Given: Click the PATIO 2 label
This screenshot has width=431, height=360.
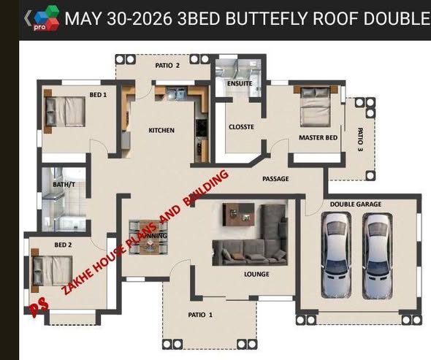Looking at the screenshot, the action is pyautogui.click(x=167, y=66).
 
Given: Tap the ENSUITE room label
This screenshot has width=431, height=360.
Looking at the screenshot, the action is pyautogui.click(x=240, y=83).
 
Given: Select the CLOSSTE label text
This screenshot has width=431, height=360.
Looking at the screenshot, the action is pyautogui.click(x=241, y=127).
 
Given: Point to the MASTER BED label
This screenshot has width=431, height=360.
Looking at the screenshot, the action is pyautogui.click(x=318, y=138).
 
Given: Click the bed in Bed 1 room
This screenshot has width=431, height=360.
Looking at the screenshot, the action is pyautogui.click(x=64, y=111).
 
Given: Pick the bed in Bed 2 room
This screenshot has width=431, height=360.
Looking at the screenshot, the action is pyautogui.click(x=52, y=271).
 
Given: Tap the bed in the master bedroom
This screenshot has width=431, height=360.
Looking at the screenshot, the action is pyautogui.click(x=316, y=106).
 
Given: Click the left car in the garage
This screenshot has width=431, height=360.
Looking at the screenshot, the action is pyautogui.click(x=336, y=256).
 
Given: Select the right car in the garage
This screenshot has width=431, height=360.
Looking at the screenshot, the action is pyautogui.click(x=378, y=256).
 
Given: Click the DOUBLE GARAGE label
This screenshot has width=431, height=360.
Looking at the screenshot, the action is pyautogui.click(x=356, y=204).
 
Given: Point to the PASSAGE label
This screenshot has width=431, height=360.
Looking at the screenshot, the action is pyautogui.click(x=275, y=179).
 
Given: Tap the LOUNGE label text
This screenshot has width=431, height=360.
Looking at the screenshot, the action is pyautogui.click(x=256, y=274).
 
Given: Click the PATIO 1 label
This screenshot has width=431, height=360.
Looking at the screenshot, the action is pyautogui.click(x=200, y=315).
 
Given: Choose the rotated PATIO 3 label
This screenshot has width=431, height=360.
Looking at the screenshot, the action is pyautogui.click(x=360, y=139).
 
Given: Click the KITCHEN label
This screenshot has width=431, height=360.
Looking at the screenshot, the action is pyautogui.click(x=161, y=130).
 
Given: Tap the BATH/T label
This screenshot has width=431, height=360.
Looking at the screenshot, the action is pyautogui.click(x=64, y=185).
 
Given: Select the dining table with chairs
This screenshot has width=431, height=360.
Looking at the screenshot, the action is pyautogui.click(x=148, y=237).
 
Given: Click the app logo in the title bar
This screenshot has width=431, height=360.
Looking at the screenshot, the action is pyautogui.click(x=46, y=18).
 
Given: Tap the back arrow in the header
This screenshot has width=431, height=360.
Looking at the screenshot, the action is pyautogui.click(x=28, y=18).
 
